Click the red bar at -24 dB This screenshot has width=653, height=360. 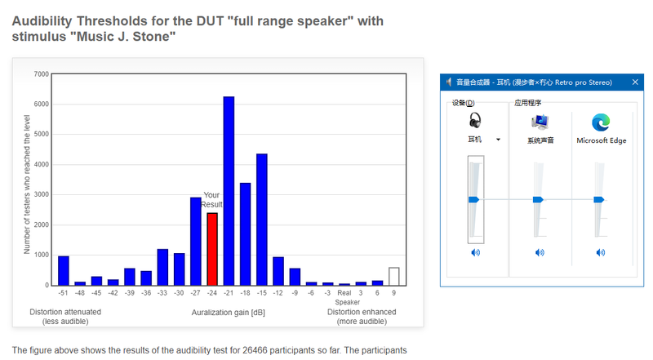212,249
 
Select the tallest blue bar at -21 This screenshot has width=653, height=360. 229,191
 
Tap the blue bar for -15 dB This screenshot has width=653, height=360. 262,220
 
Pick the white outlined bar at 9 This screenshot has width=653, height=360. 394,276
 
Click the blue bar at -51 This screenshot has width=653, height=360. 64,271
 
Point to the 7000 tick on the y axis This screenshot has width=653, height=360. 42,74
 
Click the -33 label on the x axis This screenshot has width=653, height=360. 162,293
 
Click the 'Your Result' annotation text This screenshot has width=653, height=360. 211,199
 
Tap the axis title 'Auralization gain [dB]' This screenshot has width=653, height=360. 229,313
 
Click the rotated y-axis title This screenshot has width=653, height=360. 27,184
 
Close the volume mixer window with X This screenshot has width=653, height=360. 635,82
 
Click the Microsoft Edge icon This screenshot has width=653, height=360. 601,122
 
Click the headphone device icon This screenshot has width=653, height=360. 475,121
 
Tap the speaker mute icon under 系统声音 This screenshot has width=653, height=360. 540,252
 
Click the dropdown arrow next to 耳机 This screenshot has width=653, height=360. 498,140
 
